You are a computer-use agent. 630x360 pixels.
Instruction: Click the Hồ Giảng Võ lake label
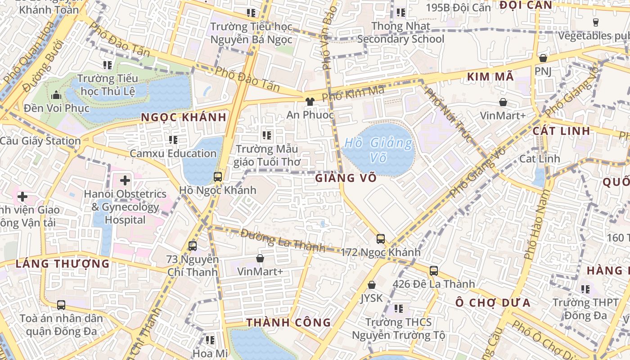tap(378, 150)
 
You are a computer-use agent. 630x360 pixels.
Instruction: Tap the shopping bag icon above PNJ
tap(543, 58)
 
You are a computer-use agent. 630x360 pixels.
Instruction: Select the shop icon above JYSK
tap(372, 285)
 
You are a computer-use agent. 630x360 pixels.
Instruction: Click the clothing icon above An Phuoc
tap(310, 102)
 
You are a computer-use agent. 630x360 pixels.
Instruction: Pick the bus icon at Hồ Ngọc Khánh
tap(218, 176)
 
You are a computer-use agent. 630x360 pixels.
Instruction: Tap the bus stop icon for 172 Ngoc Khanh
tap(381, 238)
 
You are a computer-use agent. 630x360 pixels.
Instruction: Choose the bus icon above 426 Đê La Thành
tap(433, 270)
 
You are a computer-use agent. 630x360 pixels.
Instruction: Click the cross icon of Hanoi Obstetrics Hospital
tap(125, 180)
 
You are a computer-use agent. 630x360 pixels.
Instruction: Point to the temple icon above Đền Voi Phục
tap(56, 95)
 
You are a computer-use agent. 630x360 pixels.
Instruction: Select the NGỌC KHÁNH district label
tap(183, 117)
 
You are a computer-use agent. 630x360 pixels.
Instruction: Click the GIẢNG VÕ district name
tap(346, 178)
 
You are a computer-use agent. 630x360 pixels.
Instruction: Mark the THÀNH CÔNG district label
tap(288, 323)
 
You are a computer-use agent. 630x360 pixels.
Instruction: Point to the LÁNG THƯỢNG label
tap(63, 264)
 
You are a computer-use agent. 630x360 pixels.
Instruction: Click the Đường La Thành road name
tap(283, 240)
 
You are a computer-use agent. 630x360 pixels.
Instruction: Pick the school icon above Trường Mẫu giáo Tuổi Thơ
tap(267, 135)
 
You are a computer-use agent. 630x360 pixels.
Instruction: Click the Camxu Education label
tap(173, 153)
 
